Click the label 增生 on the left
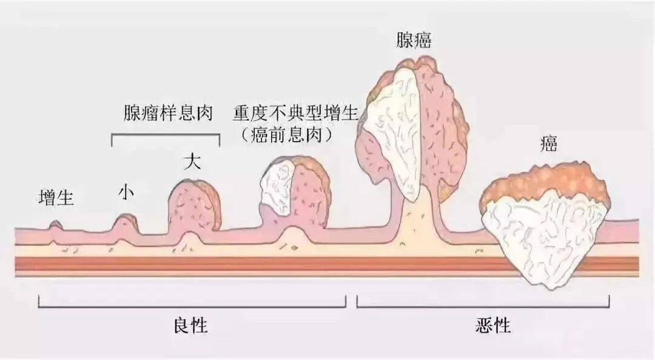[56, 198]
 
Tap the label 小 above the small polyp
[126, 193]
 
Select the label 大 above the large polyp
[192, 162]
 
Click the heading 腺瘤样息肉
[165, 113]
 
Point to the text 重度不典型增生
[296, 113]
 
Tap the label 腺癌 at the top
[416, 41]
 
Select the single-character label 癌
[549, 144]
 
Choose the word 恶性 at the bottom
[493, 326]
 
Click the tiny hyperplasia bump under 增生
[56, 225]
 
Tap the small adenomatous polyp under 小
[125, 223]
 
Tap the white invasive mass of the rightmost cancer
[546, 236]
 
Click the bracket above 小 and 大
[166, 134]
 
